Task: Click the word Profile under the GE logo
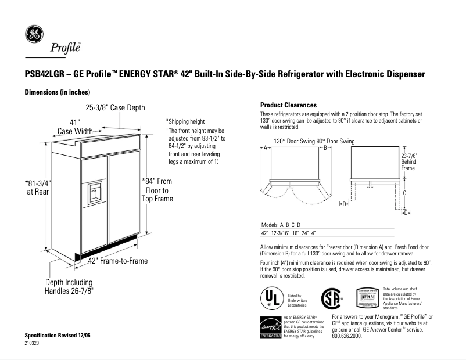(64, 48)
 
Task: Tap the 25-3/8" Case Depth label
(115, 107)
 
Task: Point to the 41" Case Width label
(74, 127)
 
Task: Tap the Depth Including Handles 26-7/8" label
(69, 286)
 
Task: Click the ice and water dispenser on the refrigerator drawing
(94, 193)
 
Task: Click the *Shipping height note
(185, 121)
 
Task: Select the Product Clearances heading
(288, 105)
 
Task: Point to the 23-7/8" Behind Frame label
(409, 162)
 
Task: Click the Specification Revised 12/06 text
(57, 336)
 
